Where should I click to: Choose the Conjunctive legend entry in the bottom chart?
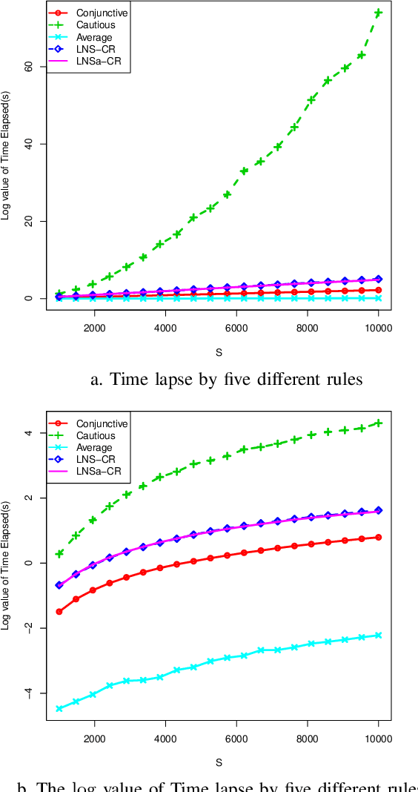coord(102,423)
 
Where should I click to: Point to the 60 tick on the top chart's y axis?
coord(29,66)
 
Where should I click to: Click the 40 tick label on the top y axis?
coord(29,143)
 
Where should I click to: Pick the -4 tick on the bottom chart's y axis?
coord(29,693)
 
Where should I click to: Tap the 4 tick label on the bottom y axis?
coord(29,432)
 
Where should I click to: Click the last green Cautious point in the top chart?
coord(378,13)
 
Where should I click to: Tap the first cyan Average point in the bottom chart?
coord(59,709)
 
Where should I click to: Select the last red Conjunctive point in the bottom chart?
coord(378,537)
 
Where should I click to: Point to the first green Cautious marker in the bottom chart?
coord(59,553)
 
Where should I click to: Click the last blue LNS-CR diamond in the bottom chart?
coord(378,510)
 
